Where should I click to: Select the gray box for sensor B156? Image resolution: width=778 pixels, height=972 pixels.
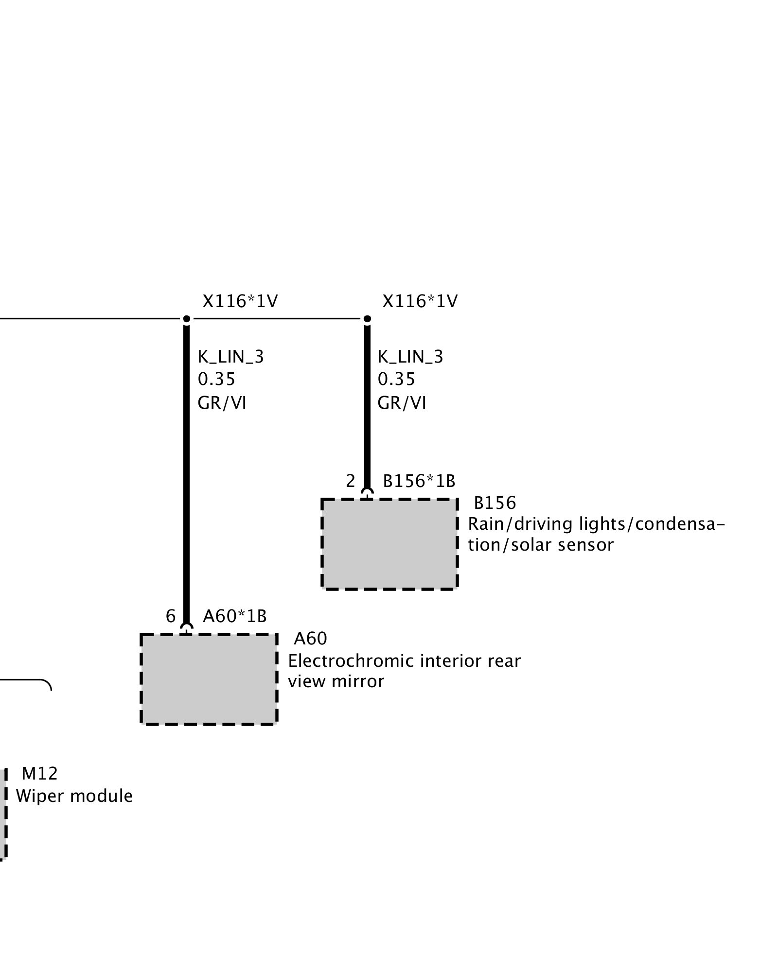tap(389, 544)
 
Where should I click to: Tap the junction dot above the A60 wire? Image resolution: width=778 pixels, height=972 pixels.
tap(186, 319)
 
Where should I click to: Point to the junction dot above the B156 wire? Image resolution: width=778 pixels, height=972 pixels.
tap(367, 319)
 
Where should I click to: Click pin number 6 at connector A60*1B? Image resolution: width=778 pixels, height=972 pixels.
tap(170, 616)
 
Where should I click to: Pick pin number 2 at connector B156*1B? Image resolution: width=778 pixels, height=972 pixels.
tap(351, 481)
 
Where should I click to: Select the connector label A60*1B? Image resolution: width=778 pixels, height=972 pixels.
tap(235, 616)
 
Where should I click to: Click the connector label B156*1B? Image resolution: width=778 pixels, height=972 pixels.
tap(419, 481)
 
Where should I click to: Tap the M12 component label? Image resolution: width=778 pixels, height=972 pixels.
tap(40, 773)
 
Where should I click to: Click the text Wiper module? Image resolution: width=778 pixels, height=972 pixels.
tap(74, 796)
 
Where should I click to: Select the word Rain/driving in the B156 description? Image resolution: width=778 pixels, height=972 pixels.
tap(520, 524)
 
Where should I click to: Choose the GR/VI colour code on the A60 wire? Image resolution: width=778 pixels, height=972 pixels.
tap(222, 403)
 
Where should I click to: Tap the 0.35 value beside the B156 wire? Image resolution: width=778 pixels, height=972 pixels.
tap(396, 379)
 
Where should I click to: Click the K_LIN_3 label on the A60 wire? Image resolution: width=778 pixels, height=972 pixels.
tap(230, 357)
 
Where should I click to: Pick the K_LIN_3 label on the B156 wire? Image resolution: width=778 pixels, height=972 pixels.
tap(410, 357)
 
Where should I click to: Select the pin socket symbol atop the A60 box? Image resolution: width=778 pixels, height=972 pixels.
tap(186, 628)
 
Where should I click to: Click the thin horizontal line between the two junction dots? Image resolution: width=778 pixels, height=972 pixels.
tap(277, 319)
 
